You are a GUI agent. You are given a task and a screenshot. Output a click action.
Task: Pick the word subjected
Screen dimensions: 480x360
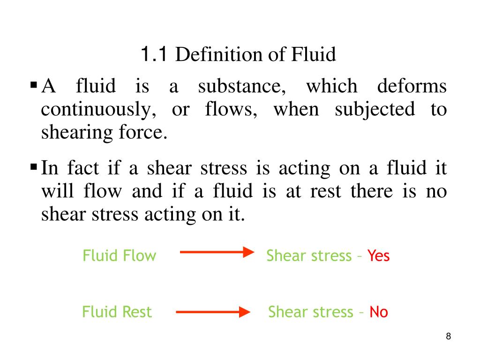[375, 110]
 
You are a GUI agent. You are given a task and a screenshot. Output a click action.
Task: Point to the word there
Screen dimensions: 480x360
[372, 191]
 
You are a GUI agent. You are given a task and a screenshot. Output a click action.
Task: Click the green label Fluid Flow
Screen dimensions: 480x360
[119, 256]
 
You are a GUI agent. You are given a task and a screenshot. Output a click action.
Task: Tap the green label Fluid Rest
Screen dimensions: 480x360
[117, 312]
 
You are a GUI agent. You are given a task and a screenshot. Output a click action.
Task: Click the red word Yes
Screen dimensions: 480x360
[378, 256]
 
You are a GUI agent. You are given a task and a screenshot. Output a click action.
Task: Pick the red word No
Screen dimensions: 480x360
[379, 312]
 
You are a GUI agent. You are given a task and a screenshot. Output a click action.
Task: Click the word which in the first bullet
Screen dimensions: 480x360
[331, 87]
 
